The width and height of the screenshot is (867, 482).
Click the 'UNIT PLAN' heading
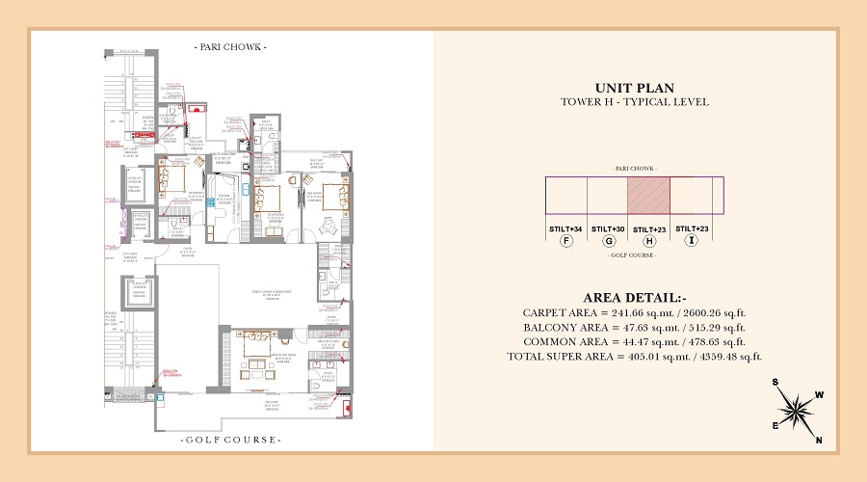click(x=634, y=88)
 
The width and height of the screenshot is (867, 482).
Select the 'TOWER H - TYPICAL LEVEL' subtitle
click(x=634, y=102)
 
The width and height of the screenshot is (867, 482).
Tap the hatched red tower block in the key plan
click(x=648, y=196)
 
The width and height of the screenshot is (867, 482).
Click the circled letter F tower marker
click(x=567, y=241)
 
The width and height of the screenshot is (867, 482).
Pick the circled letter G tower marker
click(x=608, y=241)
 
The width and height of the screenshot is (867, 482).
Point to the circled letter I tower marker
click(x=690, y=241)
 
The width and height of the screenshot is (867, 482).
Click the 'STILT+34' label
click(x=565, y=228)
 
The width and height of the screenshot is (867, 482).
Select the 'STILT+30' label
click(x=608, y=228)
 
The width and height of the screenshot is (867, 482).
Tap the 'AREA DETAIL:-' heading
click(x=634, y=297)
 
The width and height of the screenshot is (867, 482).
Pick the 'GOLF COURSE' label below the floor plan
click(x=231, y=440)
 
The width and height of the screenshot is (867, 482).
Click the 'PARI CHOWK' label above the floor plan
click(x=230, y=46)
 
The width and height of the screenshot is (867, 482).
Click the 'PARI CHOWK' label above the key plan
click(x=634, y=169)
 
